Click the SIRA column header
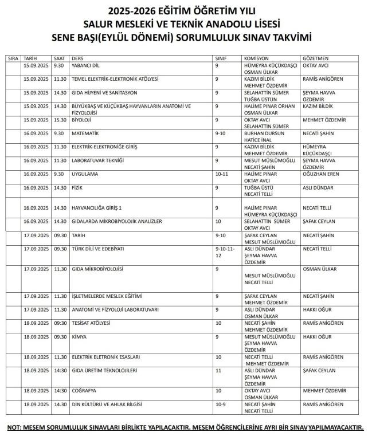click(x=13, y=58)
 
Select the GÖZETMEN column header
click(x=315, y=58)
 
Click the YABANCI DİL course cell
click(x=86, y=66)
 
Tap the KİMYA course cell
click(x=80, y=337)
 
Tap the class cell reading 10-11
click(x=221, y=174)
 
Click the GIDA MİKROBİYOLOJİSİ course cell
click(x=99, y=269)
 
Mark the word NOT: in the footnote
click(x=15, y=428)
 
